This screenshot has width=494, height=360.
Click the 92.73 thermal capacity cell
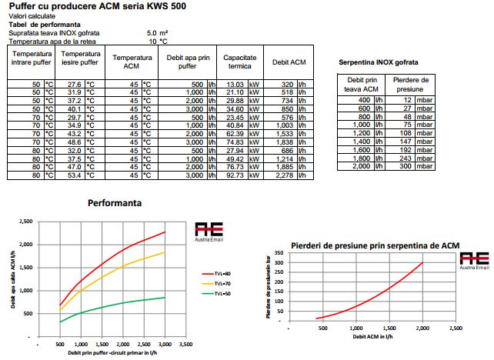pyautogui.click(x=234, y=175)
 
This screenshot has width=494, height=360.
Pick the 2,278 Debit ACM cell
pyautogui.click(x=285, y=175)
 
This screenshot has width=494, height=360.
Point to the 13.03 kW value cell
pyautogui.click(x=234, y=84)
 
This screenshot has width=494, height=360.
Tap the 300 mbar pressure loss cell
pyautogui.click(x=405, y=166)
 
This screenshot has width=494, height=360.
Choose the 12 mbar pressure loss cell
pyautogui.click(x=406, y=99)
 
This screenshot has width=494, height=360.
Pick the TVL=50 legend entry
pyautogui.click(x=213, y=293)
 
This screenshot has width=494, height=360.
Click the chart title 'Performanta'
pyautogui.click(x=115, y=205)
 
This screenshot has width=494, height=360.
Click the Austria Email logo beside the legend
pyautogui.click(x=211, y=234)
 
